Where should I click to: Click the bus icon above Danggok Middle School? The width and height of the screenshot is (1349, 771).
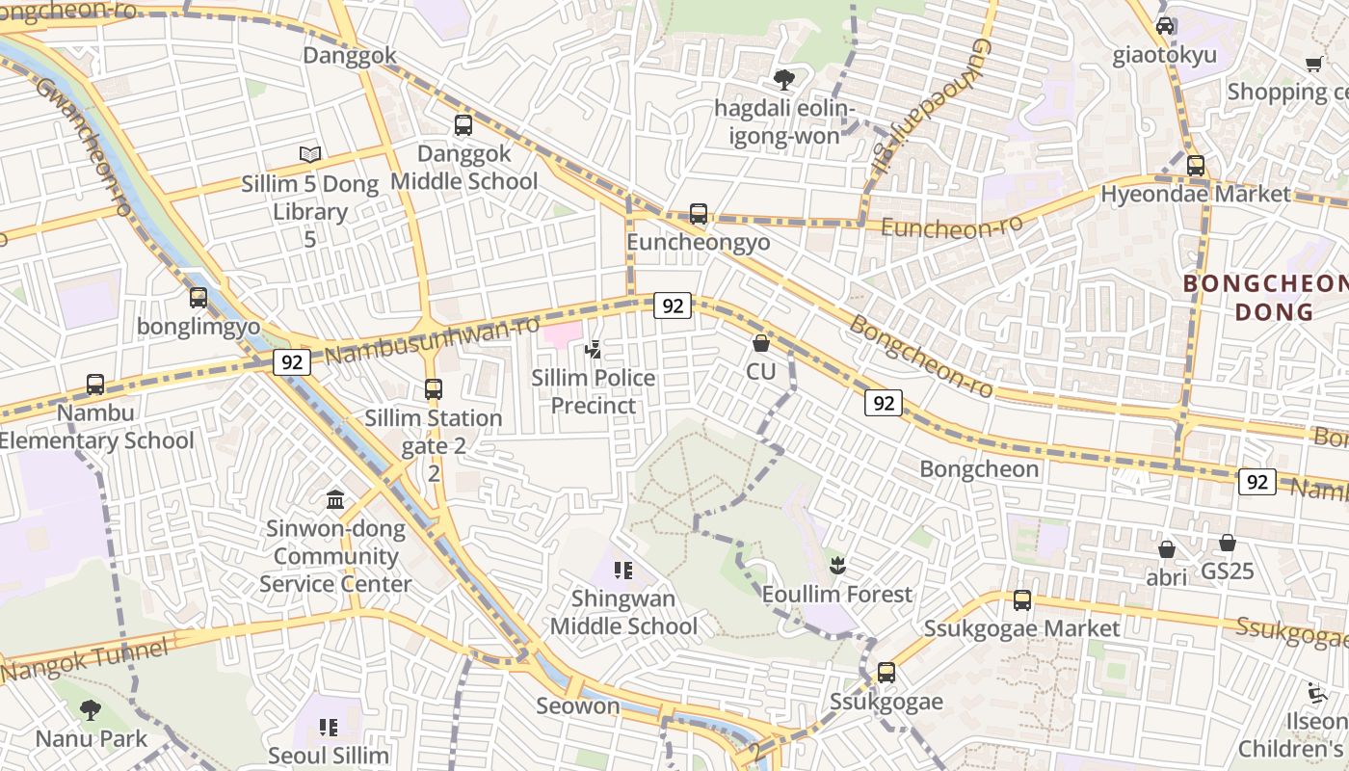(463, 125)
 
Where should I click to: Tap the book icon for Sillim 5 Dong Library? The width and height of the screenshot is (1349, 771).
(309, 154)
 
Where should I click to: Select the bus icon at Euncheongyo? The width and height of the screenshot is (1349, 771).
(699, 214)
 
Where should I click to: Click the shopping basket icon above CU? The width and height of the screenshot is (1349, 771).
(761, 343)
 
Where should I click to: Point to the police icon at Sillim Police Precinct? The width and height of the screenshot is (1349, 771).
(594, 349)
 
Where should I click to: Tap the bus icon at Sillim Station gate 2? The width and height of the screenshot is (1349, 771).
(434, 389)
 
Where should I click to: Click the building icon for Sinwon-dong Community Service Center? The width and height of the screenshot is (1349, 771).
(335, 499)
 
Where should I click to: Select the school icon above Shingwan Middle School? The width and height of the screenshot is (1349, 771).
(622, 571)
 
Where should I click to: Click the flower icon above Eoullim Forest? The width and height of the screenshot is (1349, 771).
(836, 566)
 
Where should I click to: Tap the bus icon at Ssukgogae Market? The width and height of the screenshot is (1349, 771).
(1022, 600)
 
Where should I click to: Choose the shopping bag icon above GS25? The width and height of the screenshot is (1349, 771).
(1227, 544)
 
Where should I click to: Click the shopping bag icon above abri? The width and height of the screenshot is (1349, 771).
(1166, 549)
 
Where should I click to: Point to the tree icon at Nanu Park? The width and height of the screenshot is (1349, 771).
(91, 711)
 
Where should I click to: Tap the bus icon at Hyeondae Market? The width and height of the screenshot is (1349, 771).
(1196, 166)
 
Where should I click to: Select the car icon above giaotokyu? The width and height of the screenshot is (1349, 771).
(1165, 26)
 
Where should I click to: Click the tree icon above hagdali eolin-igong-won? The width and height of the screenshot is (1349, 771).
(784, 80)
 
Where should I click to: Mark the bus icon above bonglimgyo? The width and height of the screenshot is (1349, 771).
(198, 298)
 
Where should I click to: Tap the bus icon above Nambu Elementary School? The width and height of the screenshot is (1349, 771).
(95, 385)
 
